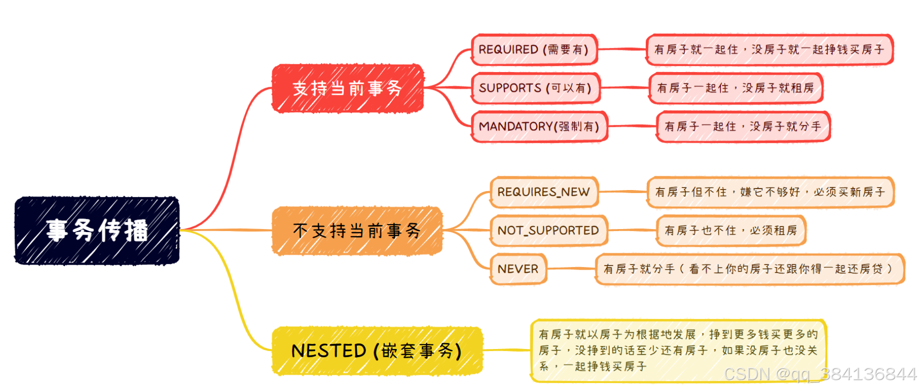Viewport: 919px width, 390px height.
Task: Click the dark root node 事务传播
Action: click(x=97, y=230)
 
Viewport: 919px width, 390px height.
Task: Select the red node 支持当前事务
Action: click(x=347, y=88)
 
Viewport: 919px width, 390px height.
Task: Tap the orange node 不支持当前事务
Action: click(x=357, y=231)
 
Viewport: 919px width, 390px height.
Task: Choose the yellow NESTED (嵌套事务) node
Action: click(x=376, y=351)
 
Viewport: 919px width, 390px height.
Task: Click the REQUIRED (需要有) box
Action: click(x=534, y=49)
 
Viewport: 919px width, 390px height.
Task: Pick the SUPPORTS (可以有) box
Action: click(x=536, y=88)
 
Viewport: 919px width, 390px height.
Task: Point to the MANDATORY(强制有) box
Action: click(x=539, y=126)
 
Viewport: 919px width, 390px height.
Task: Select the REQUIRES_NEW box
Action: click(x=544, y=192)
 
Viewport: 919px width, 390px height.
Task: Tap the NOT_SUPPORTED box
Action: click(x=548, y=230)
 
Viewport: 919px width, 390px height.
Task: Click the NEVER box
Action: click(x=518, y=269)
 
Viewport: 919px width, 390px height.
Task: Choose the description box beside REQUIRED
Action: click(x=769, y=49)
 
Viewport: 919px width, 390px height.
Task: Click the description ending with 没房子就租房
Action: click(x=735, y=88)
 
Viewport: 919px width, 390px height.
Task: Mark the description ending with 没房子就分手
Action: click(x=743, y=126)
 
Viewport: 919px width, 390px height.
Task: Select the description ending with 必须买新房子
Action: click(x=770, y=192)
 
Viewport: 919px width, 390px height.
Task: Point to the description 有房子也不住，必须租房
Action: click(x=731, y=230)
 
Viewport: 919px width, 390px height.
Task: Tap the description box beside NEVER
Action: click(x=750, y=269)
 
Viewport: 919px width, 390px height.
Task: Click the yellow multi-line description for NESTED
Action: click(x=678, y=350)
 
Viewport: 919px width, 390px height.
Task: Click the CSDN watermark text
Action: click(x=820, y=374)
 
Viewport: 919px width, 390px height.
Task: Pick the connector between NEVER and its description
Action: click(x=571, y=269)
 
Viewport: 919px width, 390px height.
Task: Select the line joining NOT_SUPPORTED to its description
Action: click(x=632, y=230)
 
